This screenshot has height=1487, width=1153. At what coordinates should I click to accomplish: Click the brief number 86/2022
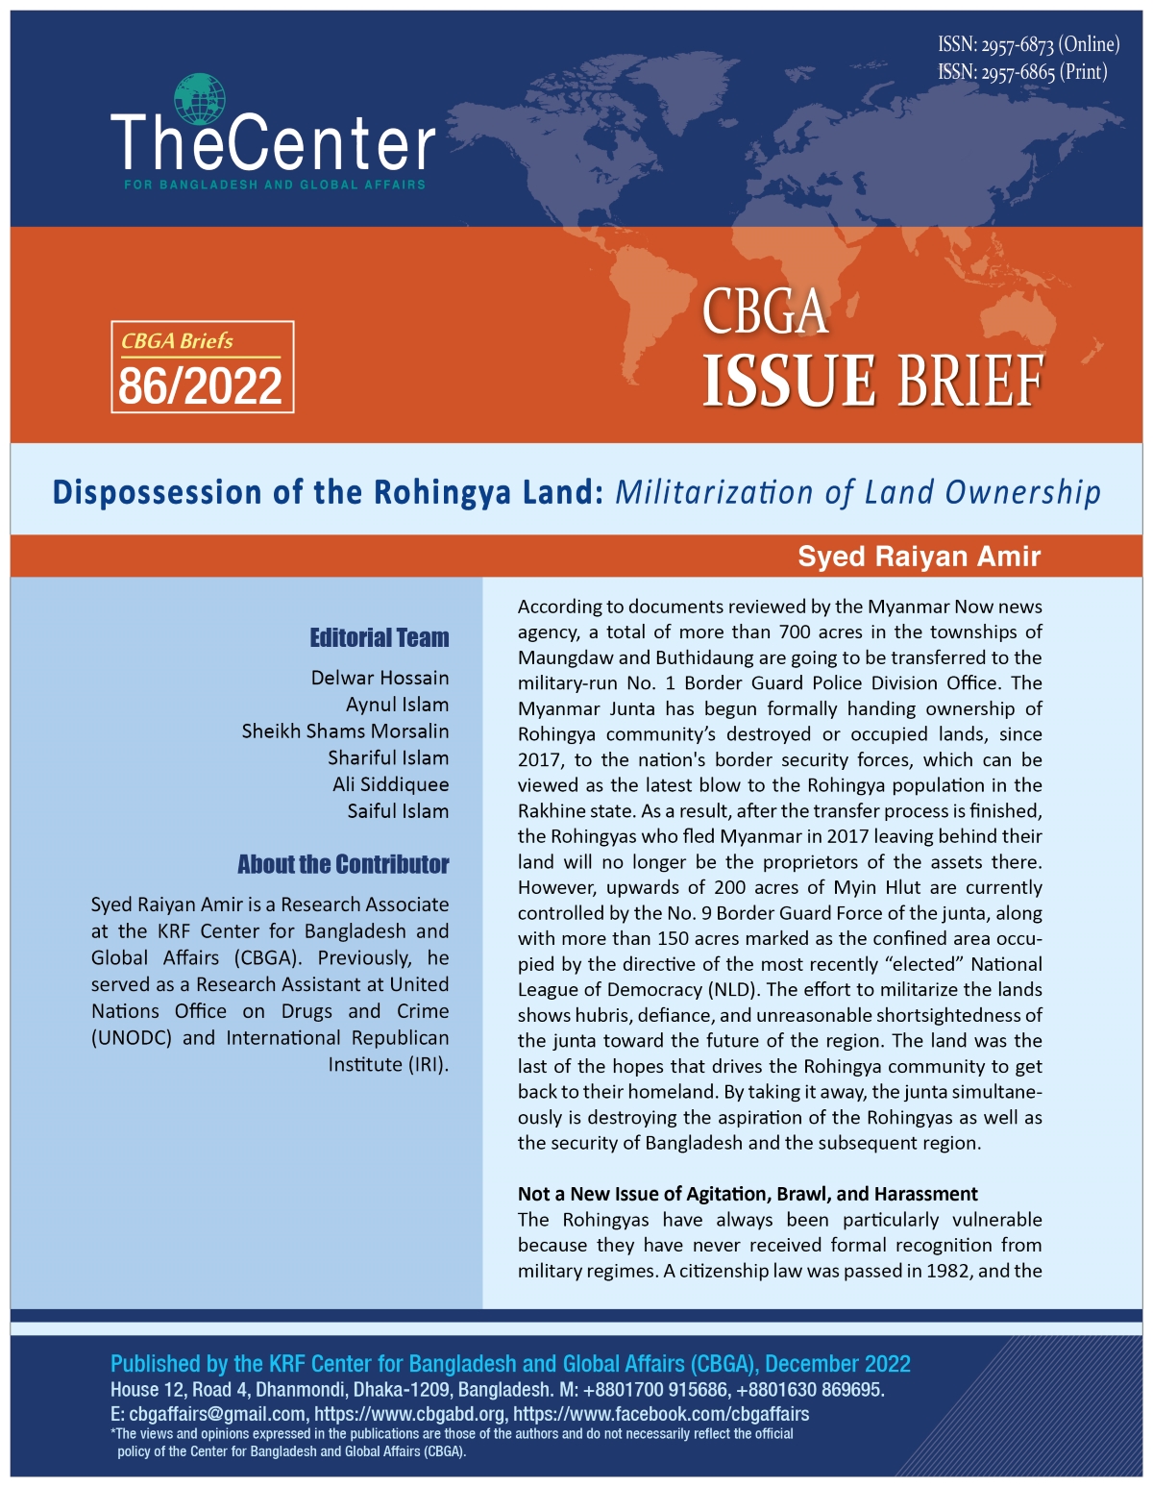click(x=201, y=386)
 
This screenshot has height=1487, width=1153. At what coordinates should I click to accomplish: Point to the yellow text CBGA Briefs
click(x=177, y=341)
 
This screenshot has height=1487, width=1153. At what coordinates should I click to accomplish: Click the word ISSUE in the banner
click(x=789, y=382)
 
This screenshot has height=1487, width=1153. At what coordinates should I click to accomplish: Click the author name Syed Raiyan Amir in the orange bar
click(x=919, y=557)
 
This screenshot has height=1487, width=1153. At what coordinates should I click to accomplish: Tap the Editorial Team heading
click(x=379, y=637)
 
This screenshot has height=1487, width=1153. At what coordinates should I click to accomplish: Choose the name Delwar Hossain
click(x=380, y=678)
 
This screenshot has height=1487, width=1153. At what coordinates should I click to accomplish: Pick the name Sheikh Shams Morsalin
click(x=345, y=731)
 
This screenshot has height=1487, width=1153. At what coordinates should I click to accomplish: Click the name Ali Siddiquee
click(x=390, y=784)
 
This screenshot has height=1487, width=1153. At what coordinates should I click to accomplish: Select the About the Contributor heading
click(x=343, y=864)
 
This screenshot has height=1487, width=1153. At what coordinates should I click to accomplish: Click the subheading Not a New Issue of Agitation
click(x=748, y=1194)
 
